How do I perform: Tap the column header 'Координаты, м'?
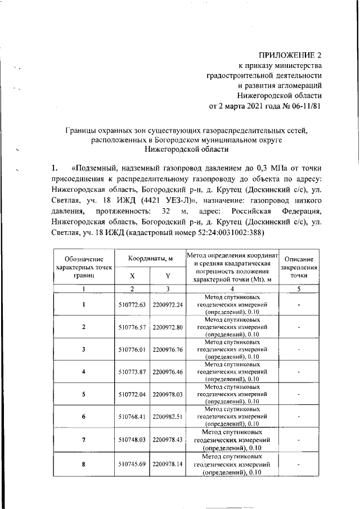(x=149, y=258)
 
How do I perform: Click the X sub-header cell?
(x=132, y=276)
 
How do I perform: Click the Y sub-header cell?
(x=168, y=276)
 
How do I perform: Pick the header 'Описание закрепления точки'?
(x=299, y=267)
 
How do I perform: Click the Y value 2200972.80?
(x=168, y=327)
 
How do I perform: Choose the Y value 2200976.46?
(x=168, y=372)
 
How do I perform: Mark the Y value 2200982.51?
(x=168, y=417)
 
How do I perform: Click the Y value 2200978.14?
(x=168, y=465)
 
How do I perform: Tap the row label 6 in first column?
(x=83, y=417)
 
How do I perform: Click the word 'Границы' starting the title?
(x=80, y=130)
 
